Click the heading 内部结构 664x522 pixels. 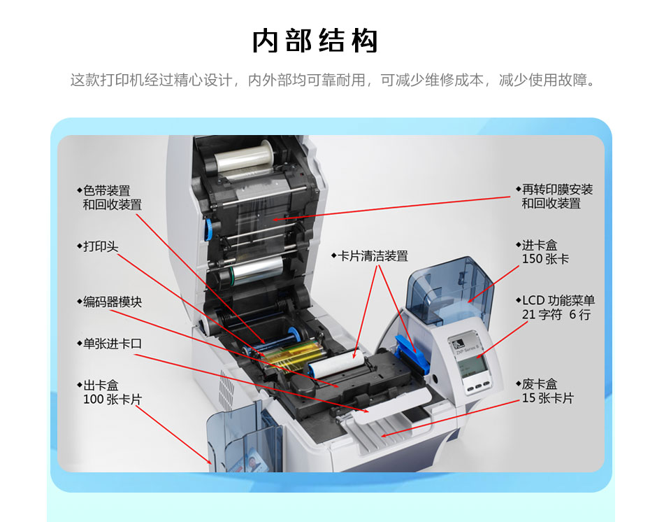coord(315,41)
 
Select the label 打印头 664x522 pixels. coord(101,246)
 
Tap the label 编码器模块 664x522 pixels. coord(113,302)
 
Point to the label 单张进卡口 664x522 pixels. coord(113,344)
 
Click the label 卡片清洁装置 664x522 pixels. coord(373,256)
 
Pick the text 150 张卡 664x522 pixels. coord(545,259)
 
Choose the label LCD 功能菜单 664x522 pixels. coord(558,301)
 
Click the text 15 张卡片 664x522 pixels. coord(547,398)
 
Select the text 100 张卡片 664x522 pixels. coord(113,400)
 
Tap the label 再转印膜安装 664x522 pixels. coord(557,190)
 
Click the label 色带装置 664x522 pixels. coord(106,191)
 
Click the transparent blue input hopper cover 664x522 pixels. coord(448,288)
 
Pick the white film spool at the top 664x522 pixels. coord(245,157)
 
